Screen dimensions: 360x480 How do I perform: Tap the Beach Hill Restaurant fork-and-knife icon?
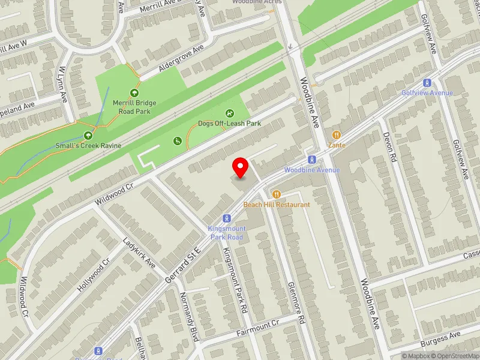tap(277, 194)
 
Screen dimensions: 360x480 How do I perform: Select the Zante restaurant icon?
tap(337, 136)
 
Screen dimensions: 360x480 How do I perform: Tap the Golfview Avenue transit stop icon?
tap(427, 83)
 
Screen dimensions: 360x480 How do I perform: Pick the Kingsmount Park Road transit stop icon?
tap(226, 218)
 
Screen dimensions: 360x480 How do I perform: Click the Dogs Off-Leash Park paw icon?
tap(230, 113)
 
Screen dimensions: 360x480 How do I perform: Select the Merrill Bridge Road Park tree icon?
tap(134, 93)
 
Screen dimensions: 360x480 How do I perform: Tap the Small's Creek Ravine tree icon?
tap(88, 136)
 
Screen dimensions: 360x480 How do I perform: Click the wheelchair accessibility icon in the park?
tap(178, 141)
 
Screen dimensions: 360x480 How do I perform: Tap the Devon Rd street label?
tap(389, 148)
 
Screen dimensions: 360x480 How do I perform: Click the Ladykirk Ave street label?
tap(139, 255)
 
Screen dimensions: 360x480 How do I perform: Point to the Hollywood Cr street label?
tap(94, 275)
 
